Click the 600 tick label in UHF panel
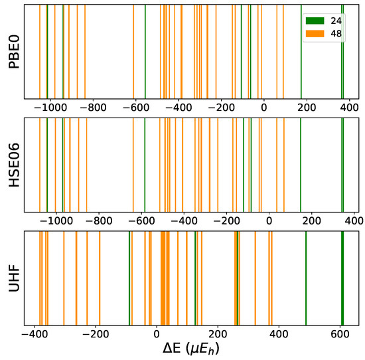point(340,333)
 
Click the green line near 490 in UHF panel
point(306,278)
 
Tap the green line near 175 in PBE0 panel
point(301,52)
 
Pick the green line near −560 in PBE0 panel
point(145,52)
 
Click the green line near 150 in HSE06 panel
point(300,165)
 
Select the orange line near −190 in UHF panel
point(100,278)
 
